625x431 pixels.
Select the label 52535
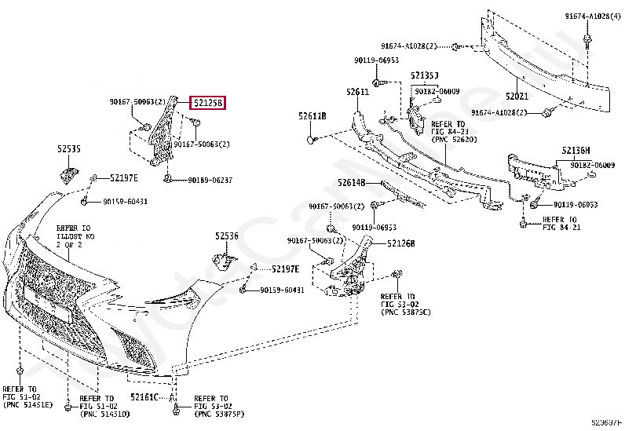coord(68,148)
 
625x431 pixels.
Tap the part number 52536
coord(227,236)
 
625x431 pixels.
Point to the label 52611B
coord(312,116)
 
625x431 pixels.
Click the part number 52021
coord(517,96)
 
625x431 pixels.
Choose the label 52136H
coord(576,149)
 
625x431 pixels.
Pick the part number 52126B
coord(400,243)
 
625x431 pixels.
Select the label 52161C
coord(144,397)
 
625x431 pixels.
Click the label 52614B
coord(352,182)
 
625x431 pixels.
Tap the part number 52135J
coord(424,75)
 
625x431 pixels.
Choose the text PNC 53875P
coord(219,413)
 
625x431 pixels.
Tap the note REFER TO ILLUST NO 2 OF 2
coord(76,235)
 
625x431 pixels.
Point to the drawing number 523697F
coord(605,425)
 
